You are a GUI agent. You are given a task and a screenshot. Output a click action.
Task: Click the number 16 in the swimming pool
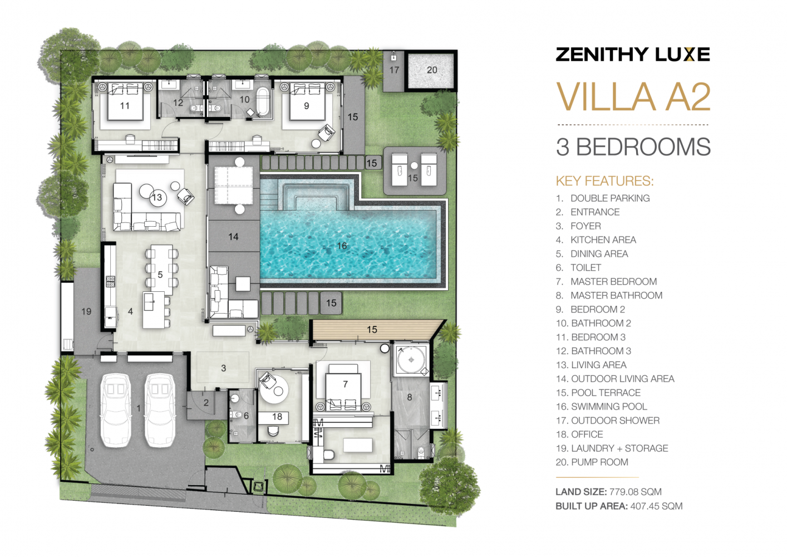342,246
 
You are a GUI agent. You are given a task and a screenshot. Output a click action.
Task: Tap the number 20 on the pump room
432,70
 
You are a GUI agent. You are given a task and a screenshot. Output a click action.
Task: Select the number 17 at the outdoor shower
394,70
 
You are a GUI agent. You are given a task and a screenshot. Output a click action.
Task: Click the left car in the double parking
115,409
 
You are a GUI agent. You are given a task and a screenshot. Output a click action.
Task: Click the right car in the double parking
160,409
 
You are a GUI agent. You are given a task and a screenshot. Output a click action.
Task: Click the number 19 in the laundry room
86,311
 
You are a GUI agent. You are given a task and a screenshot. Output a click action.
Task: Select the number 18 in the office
277,417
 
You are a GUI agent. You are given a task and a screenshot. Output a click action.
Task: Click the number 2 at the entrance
206,403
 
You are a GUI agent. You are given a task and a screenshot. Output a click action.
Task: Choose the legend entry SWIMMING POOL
609,407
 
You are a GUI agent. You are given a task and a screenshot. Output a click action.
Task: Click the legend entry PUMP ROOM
599,462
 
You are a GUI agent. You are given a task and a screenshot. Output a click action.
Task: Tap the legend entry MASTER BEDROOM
613,282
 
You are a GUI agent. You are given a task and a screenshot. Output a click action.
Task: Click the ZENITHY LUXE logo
633,55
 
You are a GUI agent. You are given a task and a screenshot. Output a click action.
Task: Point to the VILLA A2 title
633,97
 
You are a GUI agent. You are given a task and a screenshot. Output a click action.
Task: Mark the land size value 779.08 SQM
635,492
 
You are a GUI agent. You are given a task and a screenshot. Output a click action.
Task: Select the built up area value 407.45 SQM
656,506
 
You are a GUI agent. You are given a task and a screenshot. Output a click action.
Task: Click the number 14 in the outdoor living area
233,237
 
